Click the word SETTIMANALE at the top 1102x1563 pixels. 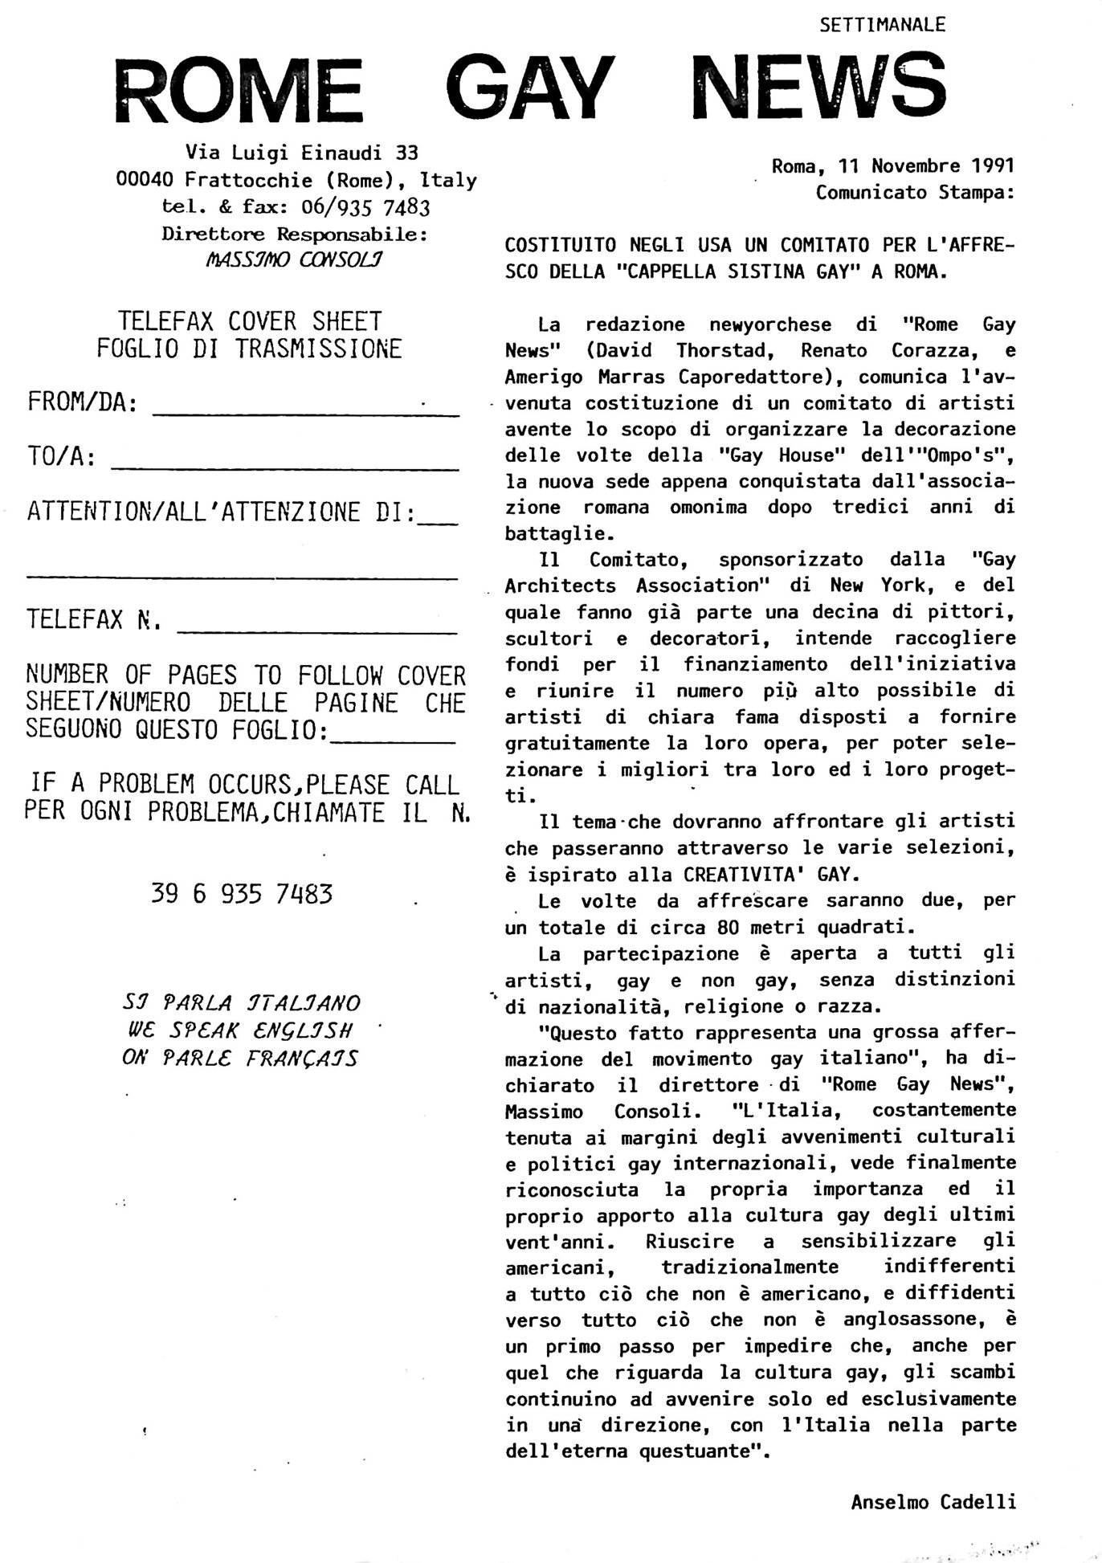pos(883,25)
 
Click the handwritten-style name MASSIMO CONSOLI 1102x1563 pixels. pos(294,260)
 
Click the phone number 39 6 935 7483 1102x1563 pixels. pos(241,894)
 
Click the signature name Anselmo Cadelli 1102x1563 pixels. pos(933,1501)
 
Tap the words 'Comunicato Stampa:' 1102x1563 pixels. pos(915,193)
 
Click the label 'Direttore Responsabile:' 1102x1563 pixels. pos(295,235)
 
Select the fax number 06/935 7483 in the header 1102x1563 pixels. pos(365,207)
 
